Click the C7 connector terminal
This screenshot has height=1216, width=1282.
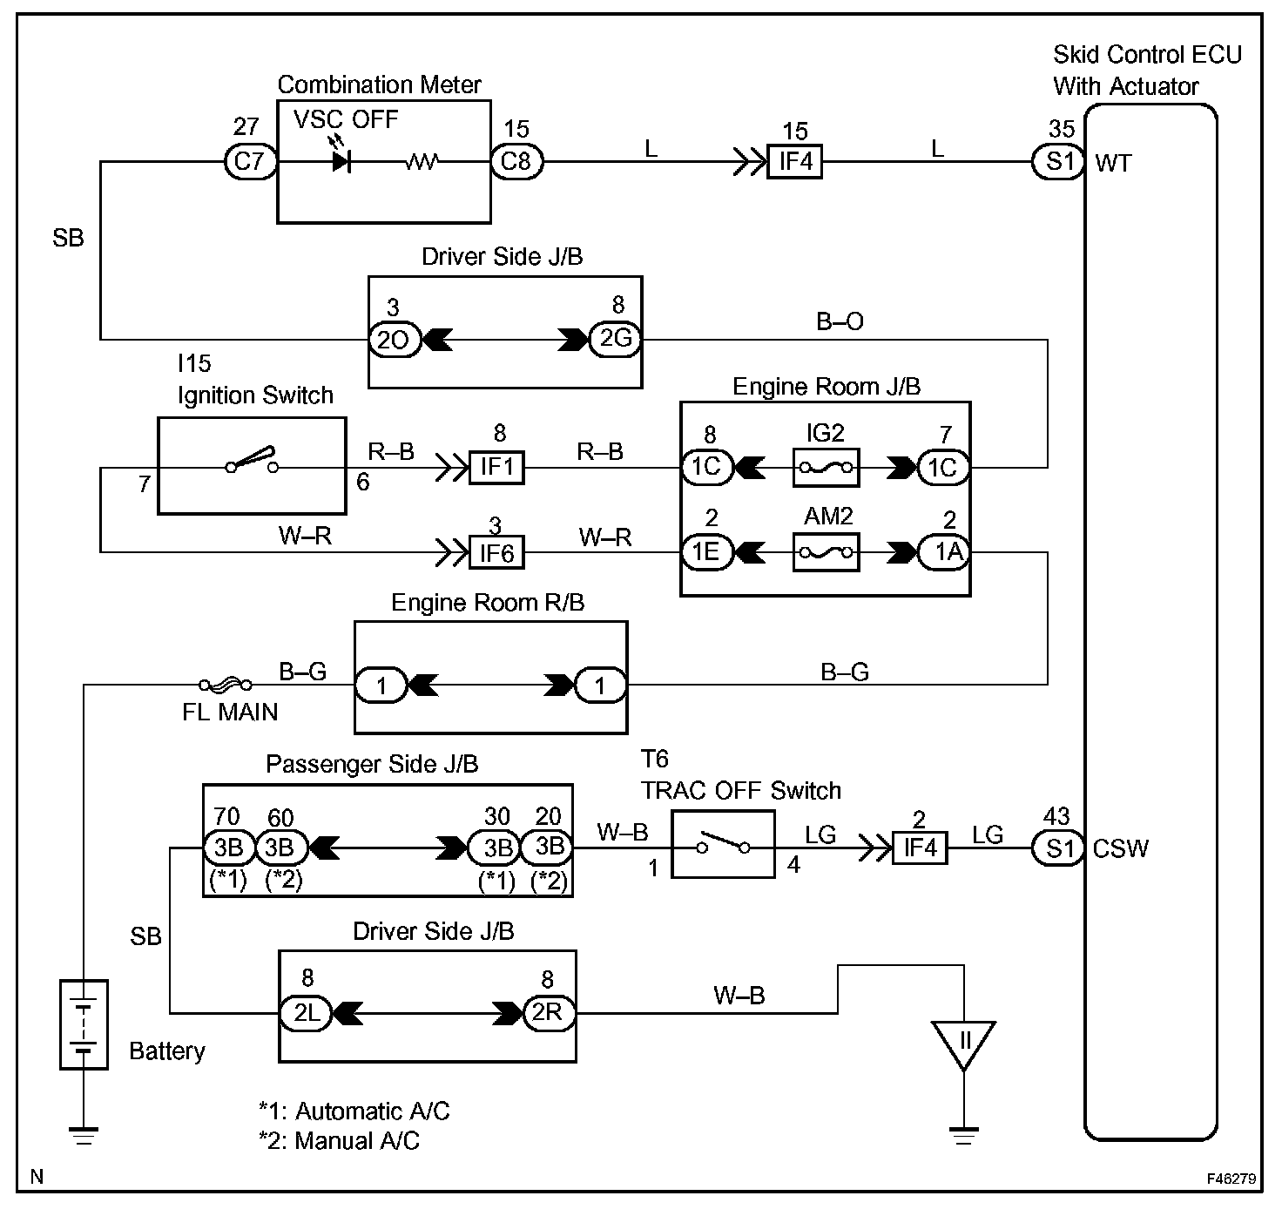point(250,162)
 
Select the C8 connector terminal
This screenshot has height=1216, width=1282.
point(516,162)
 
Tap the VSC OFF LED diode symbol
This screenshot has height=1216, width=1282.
point(341,162)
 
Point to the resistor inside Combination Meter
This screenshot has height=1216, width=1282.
point(422,162)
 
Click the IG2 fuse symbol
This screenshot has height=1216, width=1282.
point(826,468)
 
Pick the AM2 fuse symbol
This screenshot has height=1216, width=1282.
point(826,552)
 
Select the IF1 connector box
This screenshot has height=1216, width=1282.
point(496,468)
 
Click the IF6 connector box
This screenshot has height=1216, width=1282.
point(496,552)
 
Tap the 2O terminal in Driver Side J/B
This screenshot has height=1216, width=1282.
point(394,340)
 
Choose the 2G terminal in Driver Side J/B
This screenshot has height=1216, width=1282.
point(616,338)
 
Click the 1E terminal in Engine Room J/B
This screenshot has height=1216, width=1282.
point(707,552)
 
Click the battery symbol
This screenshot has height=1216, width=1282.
point(83,1024)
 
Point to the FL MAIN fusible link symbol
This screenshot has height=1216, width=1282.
point(226,685)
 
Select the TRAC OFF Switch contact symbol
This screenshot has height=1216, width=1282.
point(723,845)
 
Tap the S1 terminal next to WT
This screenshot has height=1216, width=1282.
point(1058,162)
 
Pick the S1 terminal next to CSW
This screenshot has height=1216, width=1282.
point(1058,848)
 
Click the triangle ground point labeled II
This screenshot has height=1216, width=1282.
point(964,1043)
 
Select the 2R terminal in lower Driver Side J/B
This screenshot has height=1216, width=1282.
point(549,1012)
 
